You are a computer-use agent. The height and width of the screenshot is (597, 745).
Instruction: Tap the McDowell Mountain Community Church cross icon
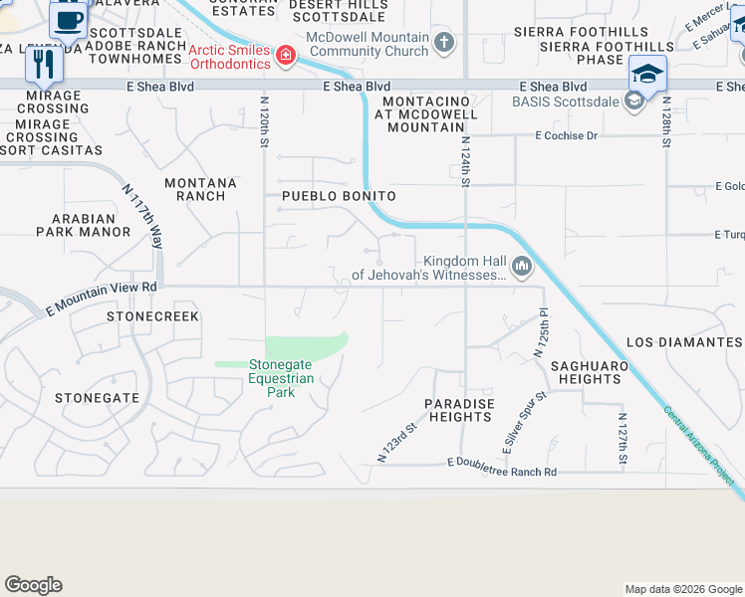[x=444, y=42]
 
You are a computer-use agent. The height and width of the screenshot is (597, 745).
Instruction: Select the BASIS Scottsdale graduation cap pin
[x=646, y=74]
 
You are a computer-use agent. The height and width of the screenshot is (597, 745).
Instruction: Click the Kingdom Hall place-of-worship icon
[x=521, y=266]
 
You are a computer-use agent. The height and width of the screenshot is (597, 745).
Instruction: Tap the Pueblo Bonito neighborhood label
[x=339, y=196]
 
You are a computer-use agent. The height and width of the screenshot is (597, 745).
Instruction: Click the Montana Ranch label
[x=201, y=189]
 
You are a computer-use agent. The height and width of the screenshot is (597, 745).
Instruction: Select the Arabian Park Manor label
[x=84, y=224]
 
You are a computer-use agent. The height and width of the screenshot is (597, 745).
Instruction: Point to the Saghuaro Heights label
[x=590, y=372]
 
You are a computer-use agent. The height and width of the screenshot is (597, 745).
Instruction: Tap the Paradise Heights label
[x=459, y=410]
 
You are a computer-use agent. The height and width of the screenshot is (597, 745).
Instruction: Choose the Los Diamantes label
[x=684, y=341]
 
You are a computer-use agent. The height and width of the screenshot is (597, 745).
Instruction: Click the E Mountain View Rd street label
[x=102, y=298]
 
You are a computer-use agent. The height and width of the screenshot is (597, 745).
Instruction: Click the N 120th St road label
[x=265, y=122]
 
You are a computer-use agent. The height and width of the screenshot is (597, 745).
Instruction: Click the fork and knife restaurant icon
[x=43, y=63]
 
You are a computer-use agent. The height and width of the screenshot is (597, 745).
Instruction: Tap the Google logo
[x=33, y=585]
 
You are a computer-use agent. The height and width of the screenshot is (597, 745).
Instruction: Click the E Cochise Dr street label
[x=566, y=135]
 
